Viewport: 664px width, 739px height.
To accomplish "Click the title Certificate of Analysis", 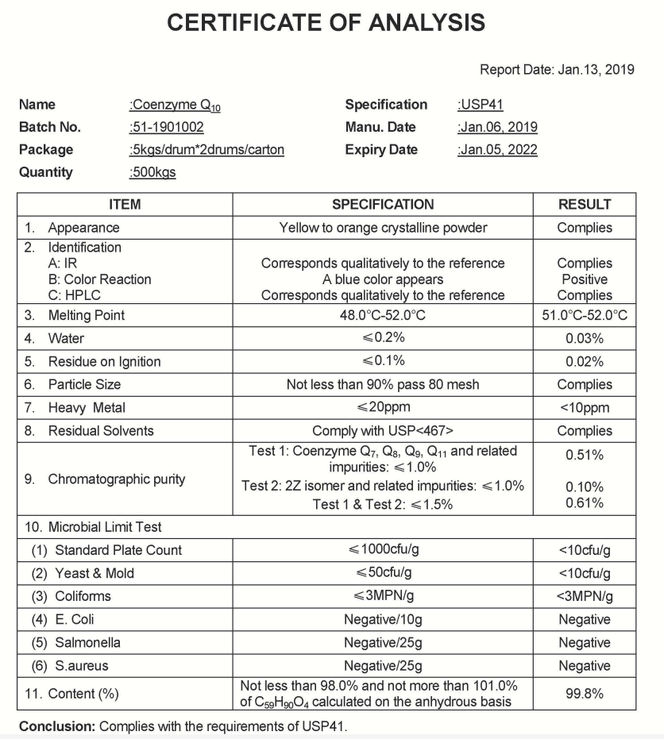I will [326, 22].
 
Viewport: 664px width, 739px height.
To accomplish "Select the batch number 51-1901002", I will [166, 127].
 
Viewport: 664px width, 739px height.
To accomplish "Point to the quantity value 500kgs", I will [152, 172].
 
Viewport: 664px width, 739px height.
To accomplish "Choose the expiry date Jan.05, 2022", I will [498, 150].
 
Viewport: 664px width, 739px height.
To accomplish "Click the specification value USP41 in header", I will [481, 105].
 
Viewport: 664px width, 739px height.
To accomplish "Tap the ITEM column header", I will [124, 205].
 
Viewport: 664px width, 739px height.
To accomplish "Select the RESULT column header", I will [585, 205].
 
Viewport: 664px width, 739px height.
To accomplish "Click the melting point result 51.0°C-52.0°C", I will [585, 315].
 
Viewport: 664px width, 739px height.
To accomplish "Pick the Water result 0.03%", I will [585, 338].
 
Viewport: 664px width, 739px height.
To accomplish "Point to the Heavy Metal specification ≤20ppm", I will [383, 408].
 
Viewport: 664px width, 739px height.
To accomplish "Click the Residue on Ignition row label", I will [104, 361].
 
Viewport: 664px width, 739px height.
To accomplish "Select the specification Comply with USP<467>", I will [383, 431].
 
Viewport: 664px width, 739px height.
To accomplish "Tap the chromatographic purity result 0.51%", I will [585, 455].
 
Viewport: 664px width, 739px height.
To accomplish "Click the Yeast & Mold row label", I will [94, 573].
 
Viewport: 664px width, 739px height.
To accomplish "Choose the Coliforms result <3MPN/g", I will [585, 596].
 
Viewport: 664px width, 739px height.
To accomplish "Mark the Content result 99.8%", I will [585, 693].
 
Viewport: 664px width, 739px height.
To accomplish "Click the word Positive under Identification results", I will [585, 279].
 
